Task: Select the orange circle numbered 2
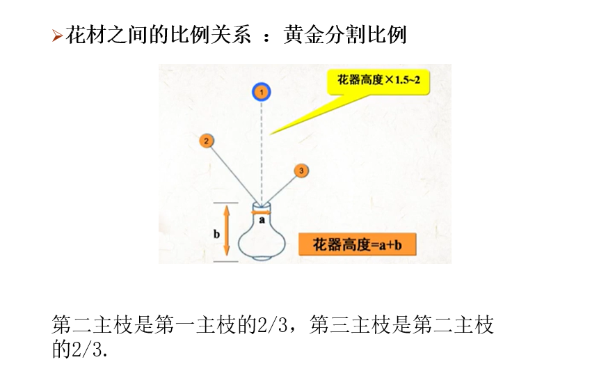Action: click(x=206, y=141)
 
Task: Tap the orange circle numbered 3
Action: click(x=301, y=171)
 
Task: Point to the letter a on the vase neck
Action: click(x=262, y=219)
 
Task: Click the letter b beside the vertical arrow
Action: click(x=216, y=234)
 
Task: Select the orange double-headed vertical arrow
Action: click(x=226, y=233)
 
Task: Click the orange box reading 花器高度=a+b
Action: click(x=357, y=245)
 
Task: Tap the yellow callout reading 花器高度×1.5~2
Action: click(x=379, y=80)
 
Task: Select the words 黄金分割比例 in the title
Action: click(x=345, y=35)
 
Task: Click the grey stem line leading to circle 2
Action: click(x=231, y=171)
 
